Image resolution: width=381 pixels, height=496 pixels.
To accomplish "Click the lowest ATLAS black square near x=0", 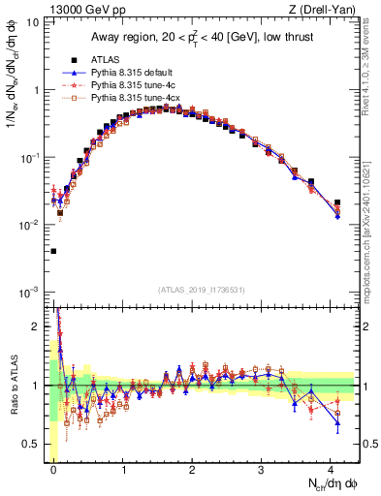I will click(52, 251).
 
